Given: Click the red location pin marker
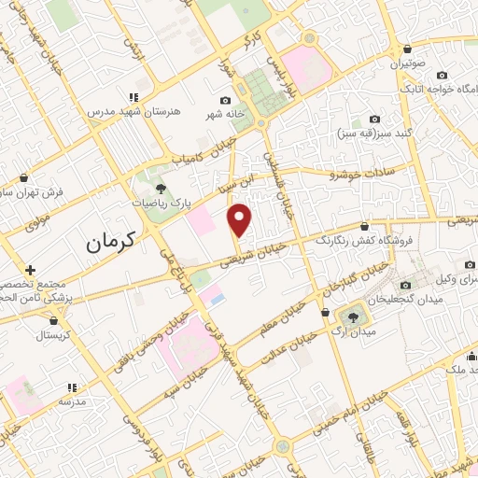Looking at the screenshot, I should (241, 219).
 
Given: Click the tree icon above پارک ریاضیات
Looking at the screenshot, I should (162, 188).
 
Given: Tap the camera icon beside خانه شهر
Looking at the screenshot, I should (225, 101).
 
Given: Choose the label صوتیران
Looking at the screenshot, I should (408, 64).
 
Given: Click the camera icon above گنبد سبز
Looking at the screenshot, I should (375, 119).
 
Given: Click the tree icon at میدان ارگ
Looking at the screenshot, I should (351, 316).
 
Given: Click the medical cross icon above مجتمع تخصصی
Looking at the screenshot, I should (31, 270).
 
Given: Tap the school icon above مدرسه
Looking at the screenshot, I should (70, 387).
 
